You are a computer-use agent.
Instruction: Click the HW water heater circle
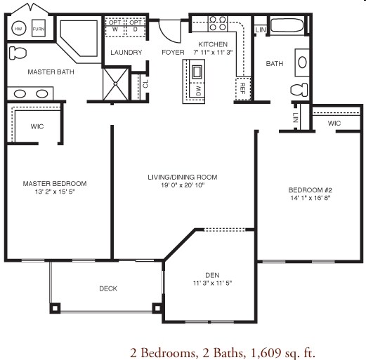tap(18, 29)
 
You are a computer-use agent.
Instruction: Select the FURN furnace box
tap(39, 29)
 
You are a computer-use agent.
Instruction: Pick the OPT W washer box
tap(116, 25)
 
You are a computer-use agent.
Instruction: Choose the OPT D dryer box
tap(136, 25)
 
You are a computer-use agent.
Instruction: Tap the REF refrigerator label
tap(242, 88)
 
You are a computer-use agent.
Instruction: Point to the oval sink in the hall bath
tap(302, 61)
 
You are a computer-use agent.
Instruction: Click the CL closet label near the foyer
tap(145, 83)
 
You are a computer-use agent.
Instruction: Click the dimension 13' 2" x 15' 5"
tap(59, 192)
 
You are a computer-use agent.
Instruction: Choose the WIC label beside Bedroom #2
tap(334, 124)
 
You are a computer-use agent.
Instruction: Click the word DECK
tap(107, 288)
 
